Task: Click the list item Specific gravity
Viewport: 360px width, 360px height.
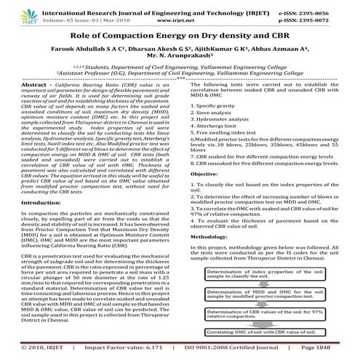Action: point(219,126)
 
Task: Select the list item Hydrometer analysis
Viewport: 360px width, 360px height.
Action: point(225,143)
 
